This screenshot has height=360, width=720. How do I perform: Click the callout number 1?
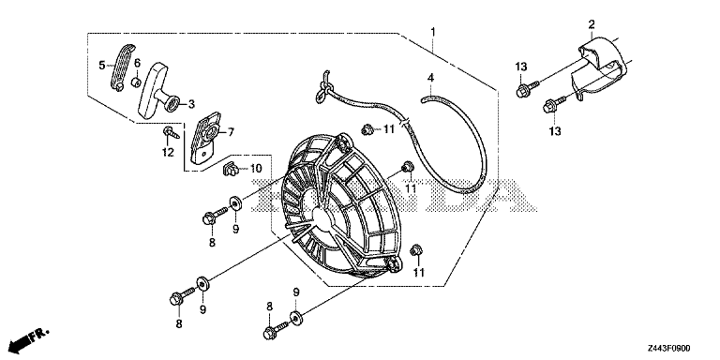pyautogui.click(x=432, y=32)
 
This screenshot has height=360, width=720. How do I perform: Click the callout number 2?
pyautogui.click(x=592, y=23)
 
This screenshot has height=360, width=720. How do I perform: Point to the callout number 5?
pyautogui.click(x=102, y=66)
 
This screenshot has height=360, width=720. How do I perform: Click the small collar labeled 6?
pyautogui.click(x=135, y=82)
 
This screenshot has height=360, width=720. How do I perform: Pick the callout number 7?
pyautogui.click(x=231, y=133)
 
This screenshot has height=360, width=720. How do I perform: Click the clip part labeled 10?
pyautogui.click(x=232, y=170)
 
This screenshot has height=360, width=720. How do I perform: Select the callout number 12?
pyautogui.click(x=168, y=152)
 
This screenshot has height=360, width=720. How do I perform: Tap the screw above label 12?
pyautogui.click(x=169, y=134)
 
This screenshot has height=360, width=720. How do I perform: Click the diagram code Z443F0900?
pyautogui.click(x=669, y=349)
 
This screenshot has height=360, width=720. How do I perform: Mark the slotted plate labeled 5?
pyautogui.click(x=122, y=67)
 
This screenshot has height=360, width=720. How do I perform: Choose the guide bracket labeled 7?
pyautogui.click(x=204, y=138)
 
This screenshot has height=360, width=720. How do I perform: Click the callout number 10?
pyautogui.click(x=255, y=169)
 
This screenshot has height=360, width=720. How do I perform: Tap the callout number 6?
pyautogui.click(x=137, y=63)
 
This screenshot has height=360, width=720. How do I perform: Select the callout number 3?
pyautogui.click(x=191, y=104)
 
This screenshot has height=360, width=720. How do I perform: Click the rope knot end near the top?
pyautogui.click(x=324, y=85)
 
